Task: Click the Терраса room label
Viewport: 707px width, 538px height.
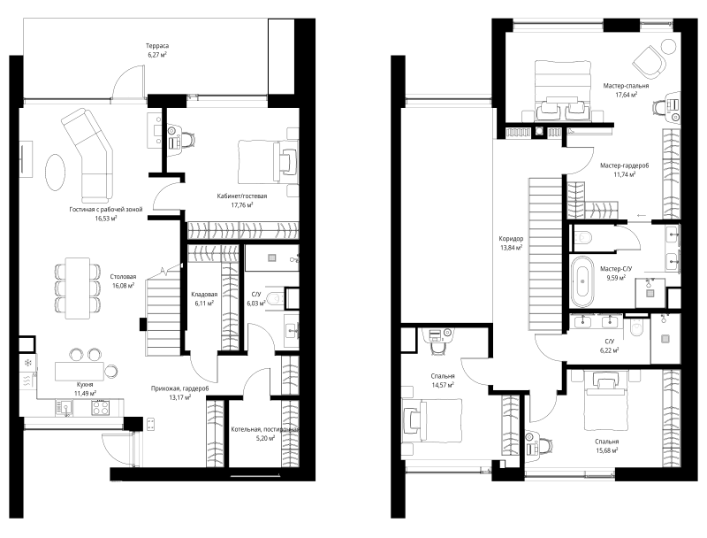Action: point(157,46)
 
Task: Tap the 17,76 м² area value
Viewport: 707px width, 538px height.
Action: point(241,204)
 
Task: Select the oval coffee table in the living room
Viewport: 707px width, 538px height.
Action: point(56,173)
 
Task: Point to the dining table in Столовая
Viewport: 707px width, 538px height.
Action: point(77,288)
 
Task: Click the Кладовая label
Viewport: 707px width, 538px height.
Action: point(204,295)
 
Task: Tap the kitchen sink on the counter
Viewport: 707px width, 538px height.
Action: point(64,408)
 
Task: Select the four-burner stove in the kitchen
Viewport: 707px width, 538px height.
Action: point(100,408)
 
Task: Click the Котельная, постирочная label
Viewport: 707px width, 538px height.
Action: point(264,430)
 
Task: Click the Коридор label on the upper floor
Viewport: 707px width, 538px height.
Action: point(511,239)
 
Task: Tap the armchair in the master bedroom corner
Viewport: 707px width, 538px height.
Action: point(650,61)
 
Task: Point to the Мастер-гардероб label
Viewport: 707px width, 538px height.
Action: point(625,165)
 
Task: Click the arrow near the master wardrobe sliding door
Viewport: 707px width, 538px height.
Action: point(640,215)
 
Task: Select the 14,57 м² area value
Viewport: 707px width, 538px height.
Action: point(443,385)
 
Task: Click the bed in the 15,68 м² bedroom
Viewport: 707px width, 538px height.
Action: point(606,400)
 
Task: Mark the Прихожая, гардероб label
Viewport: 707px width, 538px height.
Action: point(180,388)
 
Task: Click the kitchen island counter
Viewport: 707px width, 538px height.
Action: point(80,371)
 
